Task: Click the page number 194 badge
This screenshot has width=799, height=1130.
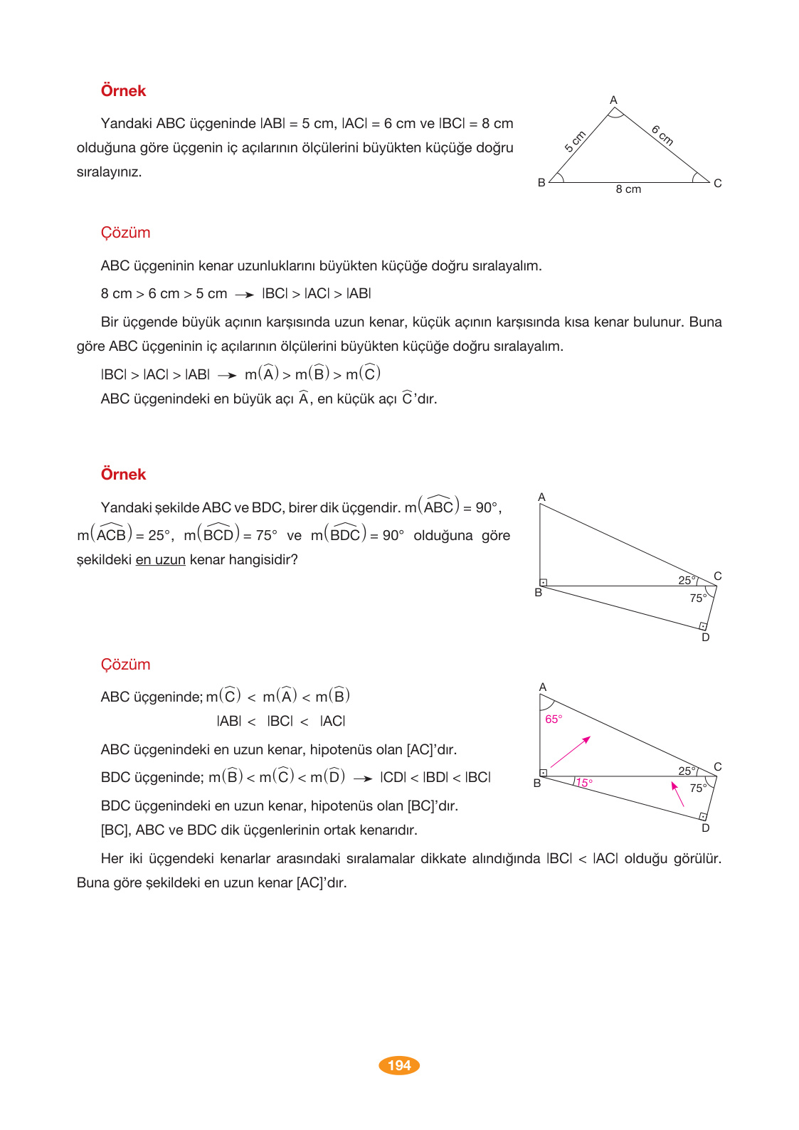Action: (x=399, y=1065)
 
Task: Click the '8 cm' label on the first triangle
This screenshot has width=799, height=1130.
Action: (x=628, y=189)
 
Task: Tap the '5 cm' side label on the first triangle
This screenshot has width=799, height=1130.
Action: (x=575, y=141)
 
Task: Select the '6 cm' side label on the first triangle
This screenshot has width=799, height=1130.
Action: (x=662, y=134)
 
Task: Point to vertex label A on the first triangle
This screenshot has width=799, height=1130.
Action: (x=613, y=100)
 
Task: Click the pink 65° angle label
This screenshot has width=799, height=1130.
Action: (x=554, y=719)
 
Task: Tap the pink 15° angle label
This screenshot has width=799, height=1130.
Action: (x=584, y=783)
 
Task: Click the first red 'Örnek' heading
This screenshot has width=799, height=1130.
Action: (x=123, y=91)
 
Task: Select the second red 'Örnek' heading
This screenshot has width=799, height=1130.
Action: (x=123, y=475)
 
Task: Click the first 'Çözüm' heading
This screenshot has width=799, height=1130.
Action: (x=125, y=233)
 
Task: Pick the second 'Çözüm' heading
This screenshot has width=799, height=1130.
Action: (x=125, y=665)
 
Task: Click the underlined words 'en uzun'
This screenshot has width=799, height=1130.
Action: (x=160, y=560)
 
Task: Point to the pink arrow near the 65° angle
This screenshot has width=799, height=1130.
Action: (x=571, y=751)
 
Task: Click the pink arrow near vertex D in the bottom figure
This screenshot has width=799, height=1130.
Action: (x=677, y=793)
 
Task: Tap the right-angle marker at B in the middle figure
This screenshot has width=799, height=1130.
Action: (x=544, y=582)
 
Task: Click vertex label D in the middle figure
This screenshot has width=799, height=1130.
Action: (x=706, y=638)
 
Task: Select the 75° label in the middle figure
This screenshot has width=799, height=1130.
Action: (x=697, y=598)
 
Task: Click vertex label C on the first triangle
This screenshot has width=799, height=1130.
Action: (x=717, y=184)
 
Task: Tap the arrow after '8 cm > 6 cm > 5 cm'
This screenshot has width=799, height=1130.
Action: (x=244, y=295)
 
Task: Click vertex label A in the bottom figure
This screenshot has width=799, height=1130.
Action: (x=543, y=687)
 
